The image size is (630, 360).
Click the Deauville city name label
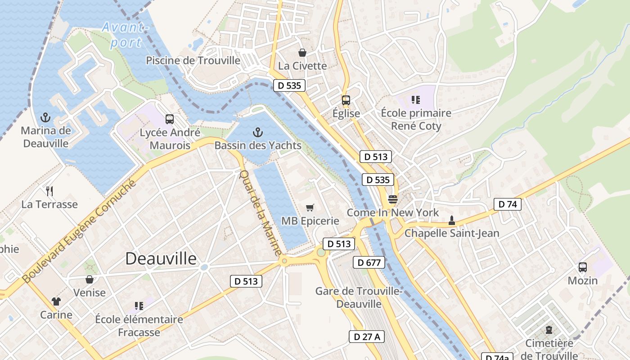pos(161,259)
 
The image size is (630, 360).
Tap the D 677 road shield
pos(369,262)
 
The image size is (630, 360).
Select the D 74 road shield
pos(507,204)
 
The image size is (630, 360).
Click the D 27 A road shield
pos(367,337)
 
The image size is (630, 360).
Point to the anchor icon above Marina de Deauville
pos(45,118)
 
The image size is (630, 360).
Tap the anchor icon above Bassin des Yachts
pos(257,132)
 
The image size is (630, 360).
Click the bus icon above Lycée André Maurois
pos(170,119)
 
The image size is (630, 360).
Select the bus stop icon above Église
pos(346,100)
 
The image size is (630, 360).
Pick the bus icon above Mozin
pos(583,267)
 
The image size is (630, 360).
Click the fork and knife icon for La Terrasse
pos(49,191)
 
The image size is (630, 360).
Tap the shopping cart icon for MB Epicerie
pos(310,207)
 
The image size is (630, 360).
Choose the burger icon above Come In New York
pos(393,199)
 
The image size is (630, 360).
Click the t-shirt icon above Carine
pos(56,301)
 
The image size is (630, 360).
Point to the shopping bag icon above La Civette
pos(302,53)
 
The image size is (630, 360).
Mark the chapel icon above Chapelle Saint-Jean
pos(451,220)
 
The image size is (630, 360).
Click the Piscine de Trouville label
pos(193,60)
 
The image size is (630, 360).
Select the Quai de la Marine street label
pos(260,212)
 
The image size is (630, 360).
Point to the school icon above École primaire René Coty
pos(415,99)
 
